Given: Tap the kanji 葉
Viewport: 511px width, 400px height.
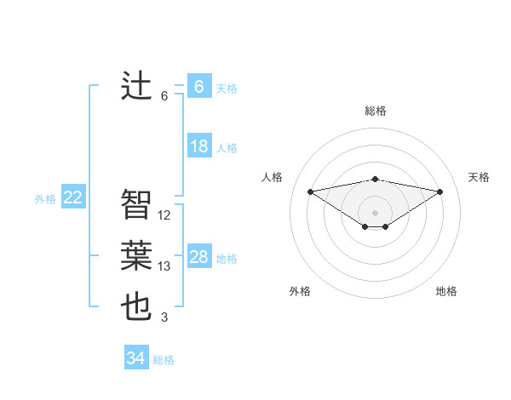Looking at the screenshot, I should [136, 255].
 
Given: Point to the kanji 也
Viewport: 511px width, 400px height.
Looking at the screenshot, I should [136, 306].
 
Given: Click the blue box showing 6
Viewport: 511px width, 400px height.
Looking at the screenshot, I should [198, 86].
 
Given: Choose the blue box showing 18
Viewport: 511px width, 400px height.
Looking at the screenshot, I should [198, 146].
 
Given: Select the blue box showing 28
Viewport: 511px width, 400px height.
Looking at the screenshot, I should [198, 257].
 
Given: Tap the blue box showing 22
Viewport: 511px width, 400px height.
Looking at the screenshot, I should [72, 197].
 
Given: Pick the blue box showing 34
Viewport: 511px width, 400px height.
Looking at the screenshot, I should [135, 358].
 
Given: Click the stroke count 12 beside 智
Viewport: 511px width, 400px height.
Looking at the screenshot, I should [164, 215].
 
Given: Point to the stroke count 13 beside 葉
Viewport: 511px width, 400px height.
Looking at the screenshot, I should [164, 266].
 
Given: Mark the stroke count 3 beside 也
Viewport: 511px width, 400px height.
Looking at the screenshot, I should [164, 318].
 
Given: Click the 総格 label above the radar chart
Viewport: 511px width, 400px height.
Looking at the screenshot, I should [376, 111].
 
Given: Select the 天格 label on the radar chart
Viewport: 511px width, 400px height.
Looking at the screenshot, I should [479, 177].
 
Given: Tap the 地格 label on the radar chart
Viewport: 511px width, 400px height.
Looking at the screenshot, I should [446, 291].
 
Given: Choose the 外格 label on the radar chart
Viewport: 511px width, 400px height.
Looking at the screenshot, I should [300, 291].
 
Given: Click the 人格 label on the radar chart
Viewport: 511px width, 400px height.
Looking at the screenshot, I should [272, 177].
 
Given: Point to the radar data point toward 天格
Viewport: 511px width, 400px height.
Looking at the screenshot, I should [439, 191].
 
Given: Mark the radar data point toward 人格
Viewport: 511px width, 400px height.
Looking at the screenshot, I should [310, 191].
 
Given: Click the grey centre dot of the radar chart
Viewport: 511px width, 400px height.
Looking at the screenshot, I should [375, 212].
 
